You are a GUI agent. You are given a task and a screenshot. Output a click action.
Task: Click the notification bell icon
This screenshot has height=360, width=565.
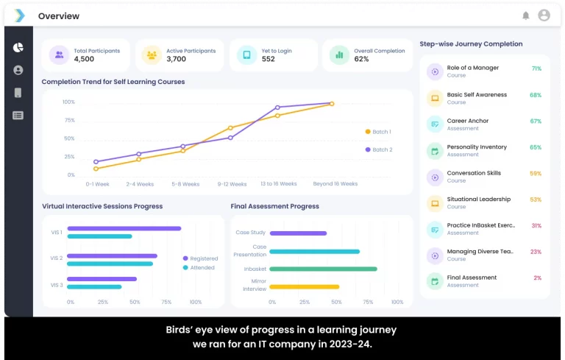click(x=525, y=15)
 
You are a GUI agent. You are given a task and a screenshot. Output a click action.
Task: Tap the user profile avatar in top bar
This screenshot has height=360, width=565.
click(x=544, y=15)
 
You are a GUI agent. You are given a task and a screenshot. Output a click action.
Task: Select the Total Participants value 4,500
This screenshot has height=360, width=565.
click(x=84, y=59)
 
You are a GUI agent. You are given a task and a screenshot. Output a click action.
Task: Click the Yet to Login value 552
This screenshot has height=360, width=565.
click(x=268, y=59)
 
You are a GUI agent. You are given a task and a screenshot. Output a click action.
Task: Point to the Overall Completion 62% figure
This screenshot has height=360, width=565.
click(x=361, y=59)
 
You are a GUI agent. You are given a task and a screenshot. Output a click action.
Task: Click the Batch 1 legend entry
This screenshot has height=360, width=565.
click(x=378, y=132)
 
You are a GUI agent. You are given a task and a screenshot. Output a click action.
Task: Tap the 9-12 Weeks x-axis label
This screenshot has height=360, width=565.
click(x=232, y=184)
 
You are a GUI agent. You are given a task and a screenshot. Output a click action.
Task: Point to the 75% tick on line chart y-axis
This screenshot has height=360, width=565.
click(x=69, y=120)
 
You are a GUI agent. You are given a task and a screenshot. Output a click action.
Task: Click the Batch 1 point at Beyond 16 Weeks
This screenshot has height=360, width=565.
click(x=332, y=104)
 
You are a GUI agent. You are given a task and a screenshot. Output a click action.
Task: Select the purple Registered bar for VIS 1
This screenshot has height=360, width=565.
click(x=124, y=228)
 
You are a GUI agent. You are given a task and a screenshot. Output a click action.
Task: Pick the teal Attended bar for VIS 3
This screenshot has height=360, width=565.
click(x=94, y=286)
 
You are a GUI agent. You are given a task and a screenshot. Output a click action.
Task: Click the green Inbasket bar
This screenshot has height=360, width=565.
click(x=323, y=269)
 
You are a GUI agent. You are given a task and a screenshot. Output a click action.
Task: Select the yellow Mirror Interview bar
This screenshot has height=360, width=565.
click(x=304, y=286)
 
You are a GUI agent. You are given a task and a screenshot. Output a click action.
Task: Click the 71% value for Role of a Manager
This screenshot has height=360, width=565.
click(x=536, y=68)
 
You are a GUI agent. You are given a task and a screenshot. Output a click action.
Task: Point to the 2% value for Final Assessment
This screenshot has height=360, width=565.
click(x=537, y=278)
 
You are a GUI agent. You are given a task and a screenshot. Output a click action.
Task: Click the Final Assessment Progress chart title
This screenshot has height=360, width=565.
click(x=274, y=206)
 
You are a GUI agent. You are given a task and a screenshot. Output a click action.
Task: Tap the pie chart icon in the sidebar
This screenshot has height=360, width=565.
click(x=18, y=47)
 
